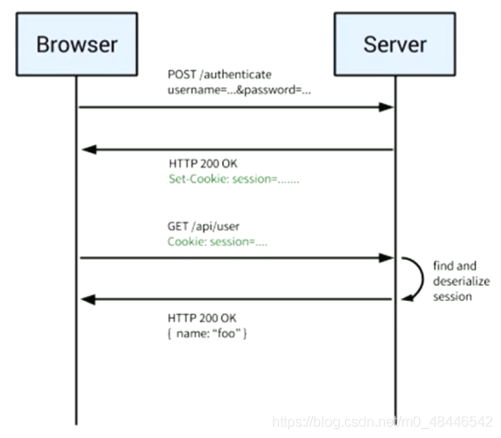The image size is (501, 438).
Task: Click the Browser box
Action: point(77,44)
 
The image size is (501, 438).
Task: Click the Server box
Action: point(395,44)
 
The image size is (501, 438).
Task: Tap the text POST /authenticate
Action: point(219,75)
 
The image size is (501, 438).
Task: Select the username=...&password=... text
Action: point(239,90)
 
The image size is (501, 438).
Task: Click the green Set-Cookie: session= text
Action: point(234,179)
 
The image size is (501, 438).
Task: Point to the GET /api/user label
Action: point(203,226)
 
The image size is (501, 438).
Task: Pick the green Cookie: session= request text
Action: point(218,242)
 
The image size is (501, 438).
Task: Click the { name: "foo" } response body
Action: point(207,334)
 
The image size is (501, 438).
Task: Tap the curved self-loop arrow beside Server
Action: point(423,278)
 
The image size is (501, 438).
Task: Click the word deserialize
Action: point(462,281)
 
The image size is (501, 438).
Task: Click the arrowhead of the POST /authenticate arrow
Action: point(386,107)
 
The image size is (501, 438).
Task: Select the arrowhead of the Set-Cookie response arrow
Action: point(89,150)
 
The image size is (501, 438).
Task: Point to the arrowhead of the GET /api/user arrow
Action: point(386,258)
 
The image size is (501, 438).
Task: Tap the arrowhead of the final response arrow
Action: point(88,300)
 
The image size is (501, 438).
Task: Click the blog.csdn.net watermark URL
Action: point(382,422)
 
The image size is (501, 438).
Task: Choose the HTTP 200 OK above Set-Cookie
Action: point(203,164)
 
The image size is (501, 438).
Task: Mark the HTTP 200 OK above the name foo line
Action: point(202,318)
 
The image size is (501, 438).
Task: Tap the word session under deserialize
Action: point(453,296)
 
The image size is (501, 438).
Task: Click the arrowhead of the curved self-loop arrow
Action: point(407,298)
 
